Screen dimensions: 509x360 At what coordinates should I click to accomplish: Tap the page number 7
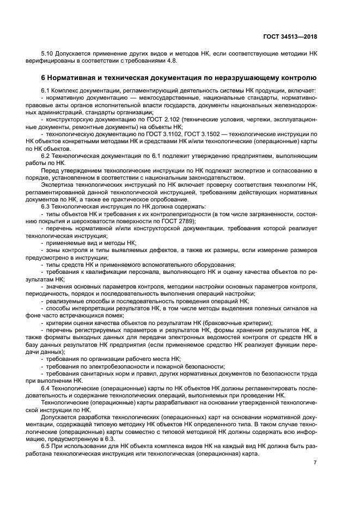tap(315, 463)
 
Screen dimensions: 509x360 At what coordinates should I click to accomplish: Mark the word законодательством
tap(215, 177)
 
